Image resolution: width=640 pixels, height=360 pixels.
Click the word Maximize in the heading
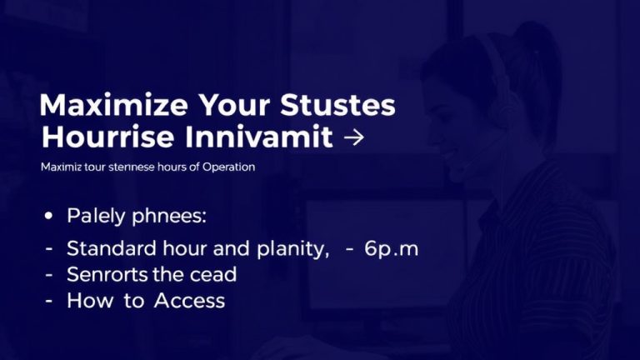[100, 107]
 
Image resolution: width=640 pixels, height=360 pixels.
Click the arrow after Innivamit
[353, 137]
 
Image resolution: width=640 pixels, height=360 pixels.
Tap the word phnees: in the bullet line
[167, 217]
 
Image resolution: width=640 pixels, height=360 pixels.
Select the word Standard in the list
[107, 248]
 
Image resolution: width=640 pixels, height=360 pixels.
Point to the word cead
[212, 274]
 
